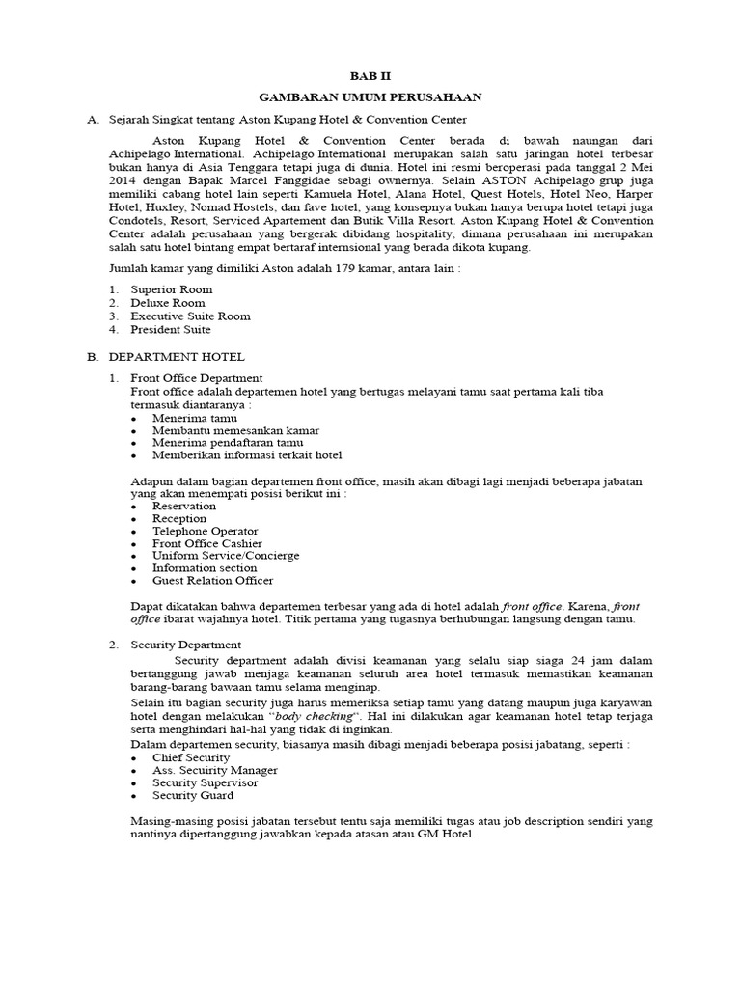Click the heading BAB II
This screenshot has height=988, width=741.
[371, 75]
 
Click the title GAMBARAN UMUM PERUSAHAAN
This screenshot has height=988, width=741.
[371, 97]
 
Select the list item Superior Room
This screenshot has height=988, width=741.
[172, 289]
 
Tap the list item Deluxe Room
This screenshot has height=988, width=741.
[168, 303]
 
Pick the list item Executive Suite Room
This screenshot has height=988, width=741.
[190, 316]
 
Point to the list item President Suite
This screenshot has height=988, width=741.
[172, 329]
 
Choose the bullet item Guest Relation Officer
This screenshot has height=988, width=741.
[212, 581]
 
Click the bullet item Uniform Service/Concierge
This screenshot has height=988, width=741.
[225, 556]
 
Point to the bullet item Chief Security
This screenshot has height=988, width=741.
[191, 758]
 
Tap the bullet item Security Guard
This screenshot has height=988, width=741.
[192, 796]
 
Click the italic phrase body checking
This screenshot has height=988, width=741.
[314, 720]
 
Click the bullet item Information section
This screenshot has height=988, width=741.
[205, 568]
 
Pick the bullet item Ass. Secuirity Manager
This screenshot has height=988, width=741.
[214, 771]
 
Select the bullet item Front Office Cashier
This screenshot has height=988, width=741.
[206, 543]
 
